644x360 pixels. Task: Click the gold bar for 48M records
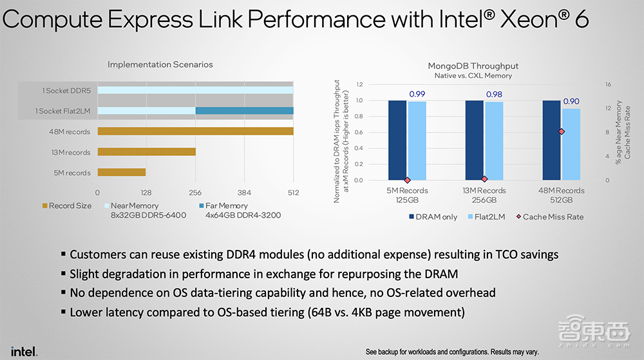point(195,131)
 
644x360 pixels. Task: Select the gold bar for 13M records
point(146,152)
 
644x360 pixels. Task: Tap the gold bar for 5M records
point(121,173)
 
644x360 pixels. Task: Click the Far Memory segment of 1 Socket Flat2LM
point(244,111)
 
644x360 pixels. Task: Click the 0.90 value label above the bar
point(571,101)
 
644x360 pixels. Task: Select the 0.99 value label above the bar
point(417,94)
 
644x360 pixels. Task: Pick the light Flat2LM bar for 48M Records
point(571,144)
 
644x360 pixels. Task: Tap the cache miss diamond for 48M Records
point(562,131)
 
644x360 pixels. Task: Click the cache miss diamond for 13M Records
point(484,179)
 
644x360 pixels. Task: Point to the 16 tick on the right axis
point(607,84)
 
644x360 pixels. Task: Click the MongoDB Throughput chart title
point(473,66)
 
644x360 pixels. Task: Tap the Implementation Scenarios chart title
point(160,64)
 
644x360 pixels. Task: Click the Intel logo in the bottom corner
point(24,351)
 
